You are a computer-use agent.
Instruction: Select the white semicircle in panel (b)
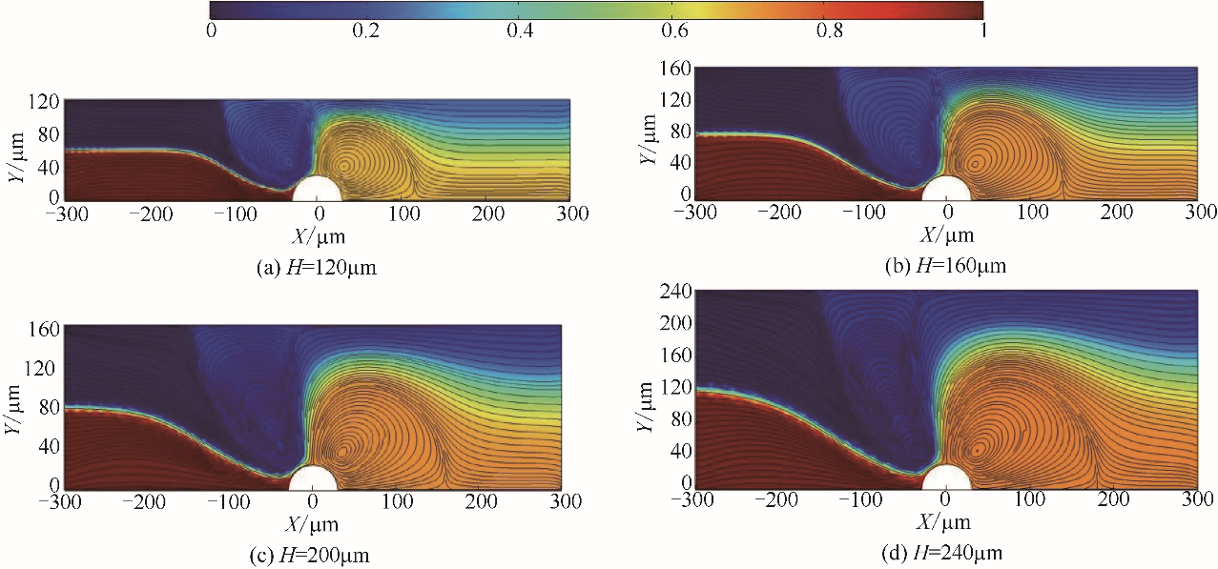946,188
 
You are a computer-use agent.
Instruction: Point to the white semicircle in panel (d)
945,478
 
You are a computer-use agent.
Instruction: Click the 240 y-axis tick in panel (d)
673,294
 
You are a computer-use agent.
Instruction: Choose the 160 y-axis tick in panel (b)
673,71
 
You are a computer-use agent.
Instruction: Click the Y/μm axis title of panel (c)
13,408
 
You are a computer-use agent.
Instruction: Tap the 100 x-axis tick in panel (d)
1029,499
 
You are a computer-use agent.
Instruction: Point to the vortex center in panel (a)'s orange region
343,164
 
